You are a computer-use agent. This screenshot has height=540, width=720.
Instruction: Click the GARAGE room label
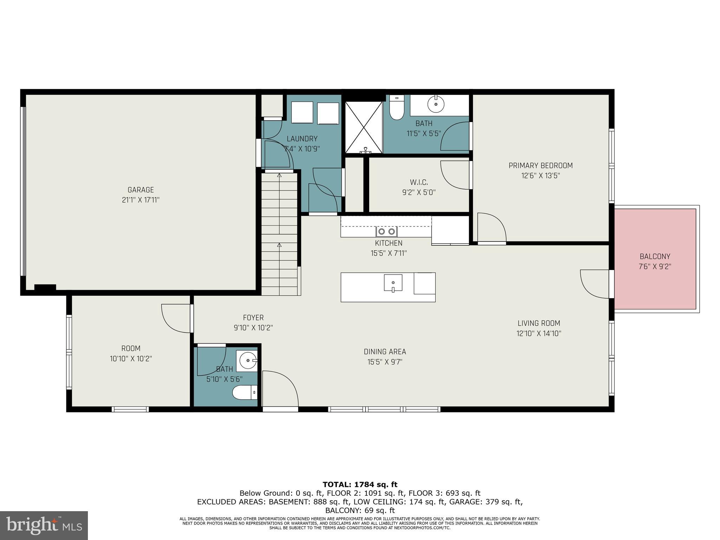pos(141,190)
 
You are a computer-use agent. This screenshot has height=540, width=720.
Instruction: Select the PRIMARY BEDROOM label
pos(540,166)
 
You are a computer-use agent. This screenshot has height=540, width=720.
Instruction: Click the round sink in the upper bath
pos(436,104)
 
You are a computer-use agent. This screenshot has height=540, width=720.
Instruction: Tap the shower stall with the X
pos(364,127)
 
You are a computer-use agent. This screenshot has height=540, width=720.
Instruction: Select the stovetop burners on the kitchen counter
pos(386,231)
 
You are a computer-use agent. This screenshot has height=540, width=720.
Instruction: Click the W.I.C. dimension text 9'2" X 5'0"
pos(419,193)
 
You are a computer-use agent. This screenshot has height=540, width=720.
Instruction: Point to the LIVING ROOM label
pos(539,323)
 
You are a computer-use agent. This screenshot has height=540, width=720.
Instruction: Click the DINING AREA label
pos(385,352)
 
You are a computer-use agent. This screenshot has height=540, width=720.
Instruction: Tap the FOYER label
pos(253,318)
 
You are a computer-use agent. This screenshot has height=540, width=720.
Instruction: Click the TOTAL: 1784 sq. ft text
pos(360,485)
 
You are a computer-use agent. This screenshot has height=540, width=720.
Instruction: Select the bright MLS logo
pos(44,525)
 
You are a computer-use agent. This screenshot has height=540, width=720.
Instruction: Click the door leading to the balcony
pos(595,284)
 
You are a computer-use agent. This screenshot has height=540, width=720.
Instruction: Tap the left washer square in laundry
pos(302,112)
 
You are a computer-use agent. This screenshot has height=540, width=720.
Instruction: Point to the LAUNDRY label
pos(302,139)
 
